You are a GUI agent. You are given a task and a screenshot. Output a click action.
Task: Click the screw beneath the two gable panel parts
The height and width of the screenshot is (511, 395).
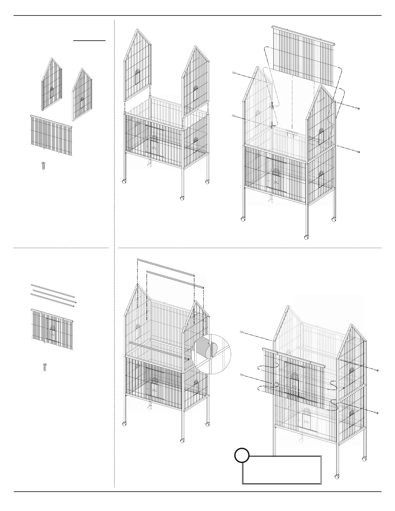pyautogui.click(x=44, y=166)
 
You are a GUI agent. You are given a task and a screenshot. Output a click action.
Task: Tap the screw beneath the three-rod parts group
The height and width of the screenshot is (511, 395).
pyautogui.click(x=45, y=367)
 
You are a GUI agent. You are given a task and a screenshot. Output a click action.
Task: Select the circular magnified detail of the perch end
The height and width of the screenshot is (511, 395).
pyautogui.click(x=211, y=354)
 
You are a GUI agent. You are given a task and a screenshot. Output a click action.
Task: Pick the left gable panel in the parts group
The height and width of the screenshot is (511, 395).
pyautogui.click(x=52, y=85)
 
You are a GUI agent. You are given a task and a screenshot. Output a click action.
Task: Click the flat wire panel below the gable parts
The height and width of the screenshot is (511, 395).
pyautogui.click(x=52, y=134)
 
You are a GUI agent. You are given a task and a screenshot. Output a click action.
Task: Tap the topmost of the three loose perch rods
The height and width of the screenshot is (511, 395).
pyautogui.click(x=53, y=290)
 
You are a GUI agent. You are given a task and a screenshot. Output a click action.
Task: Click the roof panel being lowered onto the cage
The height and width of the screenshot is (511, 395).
pyautogui.click(x=303, y=58)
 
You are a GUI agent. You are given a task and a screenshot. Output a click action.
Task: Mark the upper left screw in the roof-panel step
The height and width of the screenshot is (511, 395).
pyautogui.click(x=235, y=73)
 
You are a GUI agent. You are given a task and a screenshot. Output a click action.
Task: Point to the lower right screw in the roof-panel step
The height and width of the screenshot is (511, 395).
pyautogui.click(x=357, y=151)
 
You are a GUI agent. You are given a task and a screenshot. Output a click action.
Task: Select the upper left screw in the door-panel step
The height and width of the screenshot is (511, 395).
pyautogui.click(x=242, y=332)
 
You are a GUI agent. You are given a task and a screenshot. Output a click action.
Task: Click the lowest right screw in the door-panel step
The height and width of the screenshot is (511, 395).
pyautogui.click(x=376, y=412)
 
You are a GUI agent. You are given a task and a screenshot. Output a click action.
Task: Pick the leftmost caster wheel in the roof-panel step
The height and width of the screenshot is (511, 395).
pyautogui.click(x=243, y=220)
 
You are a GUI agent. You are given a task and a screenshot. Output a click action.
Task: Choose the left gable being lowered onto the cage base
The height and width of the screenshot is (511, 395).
pyautogui.click(x=138, y=66)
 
